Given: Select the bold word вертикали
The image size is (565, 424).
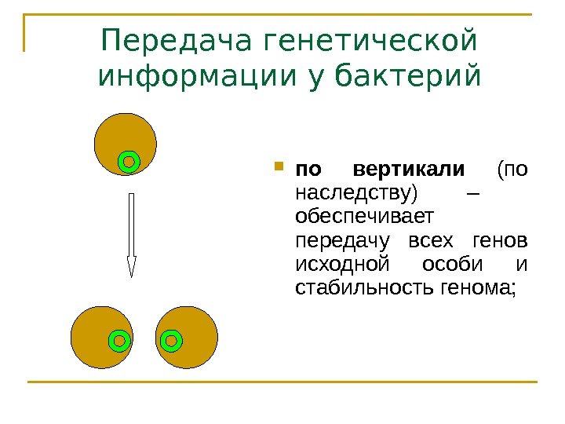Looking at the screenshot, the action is [x=410, y=170].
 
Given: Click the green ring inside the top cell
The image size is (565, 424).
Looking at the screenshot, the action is [x=130, y=162].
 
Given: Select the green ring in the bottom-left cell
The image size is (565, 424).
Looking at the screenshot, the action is [x=118, y=341].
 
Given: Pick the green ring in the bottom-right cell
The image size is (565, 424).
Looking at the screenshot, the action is [x=170, y=341].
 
